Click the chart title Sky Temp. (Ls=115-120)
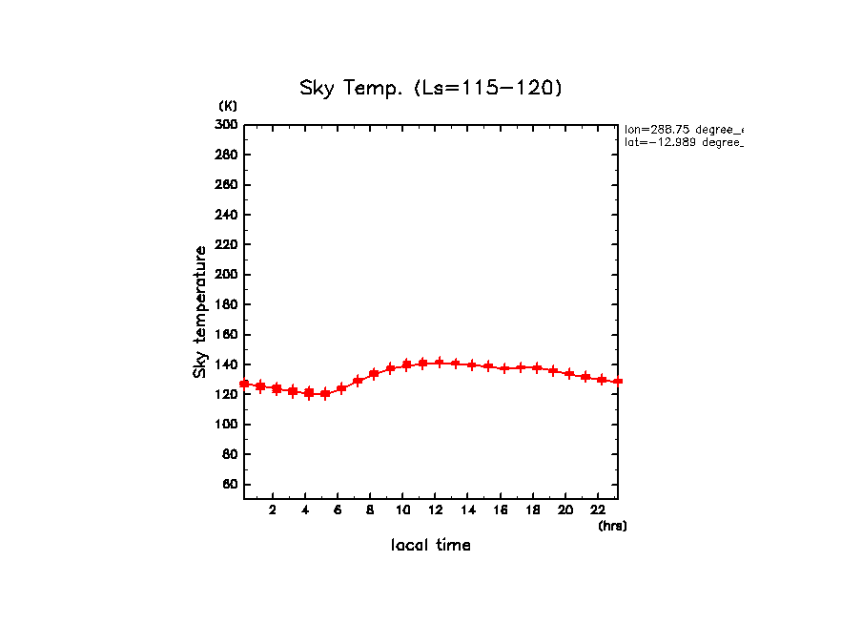pos(431,89)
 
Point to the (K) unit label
pos(228,106)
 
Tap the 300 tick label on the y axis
pos(226,125)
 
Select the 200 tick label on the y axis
pos(226,275)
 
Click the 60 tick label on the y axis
pos(229,485)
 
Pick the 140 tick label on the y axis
pos(226,364)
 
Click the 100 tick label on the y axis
pos(226,425)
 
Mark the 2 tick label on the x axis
pos(273,510)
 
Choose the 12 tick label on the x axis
pos(436,510)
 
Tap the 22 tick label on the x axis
pos(598,510)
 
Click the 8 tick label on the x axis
pos(370,510)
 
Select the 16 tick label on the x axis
pos(501,510)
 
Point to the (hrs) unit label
pos(612,526)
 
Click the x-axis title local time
pos(431,546)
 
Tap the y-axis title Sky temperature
pos(200,311)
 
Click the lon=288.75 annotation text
pos(683,129)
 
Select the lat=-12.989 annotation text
pos(683,142)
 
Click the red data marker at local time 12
pos(440,363)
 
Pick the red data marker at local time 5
pos(325,393)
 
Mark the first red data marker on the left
pos(244,385)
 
